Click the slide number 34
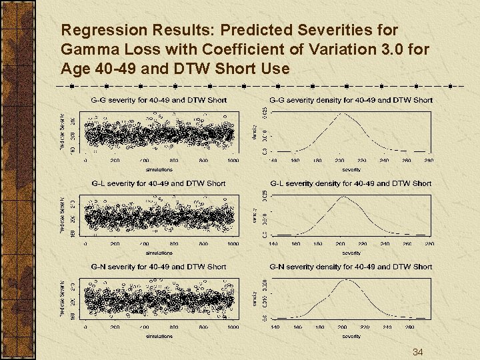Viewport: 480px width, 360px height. click(418, 351)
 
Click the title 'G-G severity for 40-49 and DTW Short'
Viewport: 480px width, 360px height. click(158, 100)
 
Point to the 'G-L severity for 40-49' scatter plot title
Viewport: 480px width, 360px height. click(158, 183)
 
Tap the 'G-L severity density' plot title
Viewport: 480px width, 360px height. click(351, 183)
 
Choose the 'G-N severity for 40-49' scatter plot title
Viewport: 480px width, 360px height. click(158, 267)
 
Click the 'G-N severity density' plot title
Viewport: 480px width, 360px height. click(351, 267)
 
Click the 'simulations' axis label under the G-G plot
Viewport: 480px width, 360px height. click(159, 169)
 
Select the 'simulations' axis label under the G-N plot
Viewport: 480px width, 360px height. click(159, 336)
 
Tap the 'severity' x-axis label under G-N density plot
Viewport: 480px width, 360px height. click(351, 336)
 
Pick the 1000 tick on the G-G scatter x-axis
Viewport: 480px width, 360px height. click(233, 161)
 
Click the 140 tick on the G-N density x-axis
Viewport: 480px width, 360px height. click(274, 327)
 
